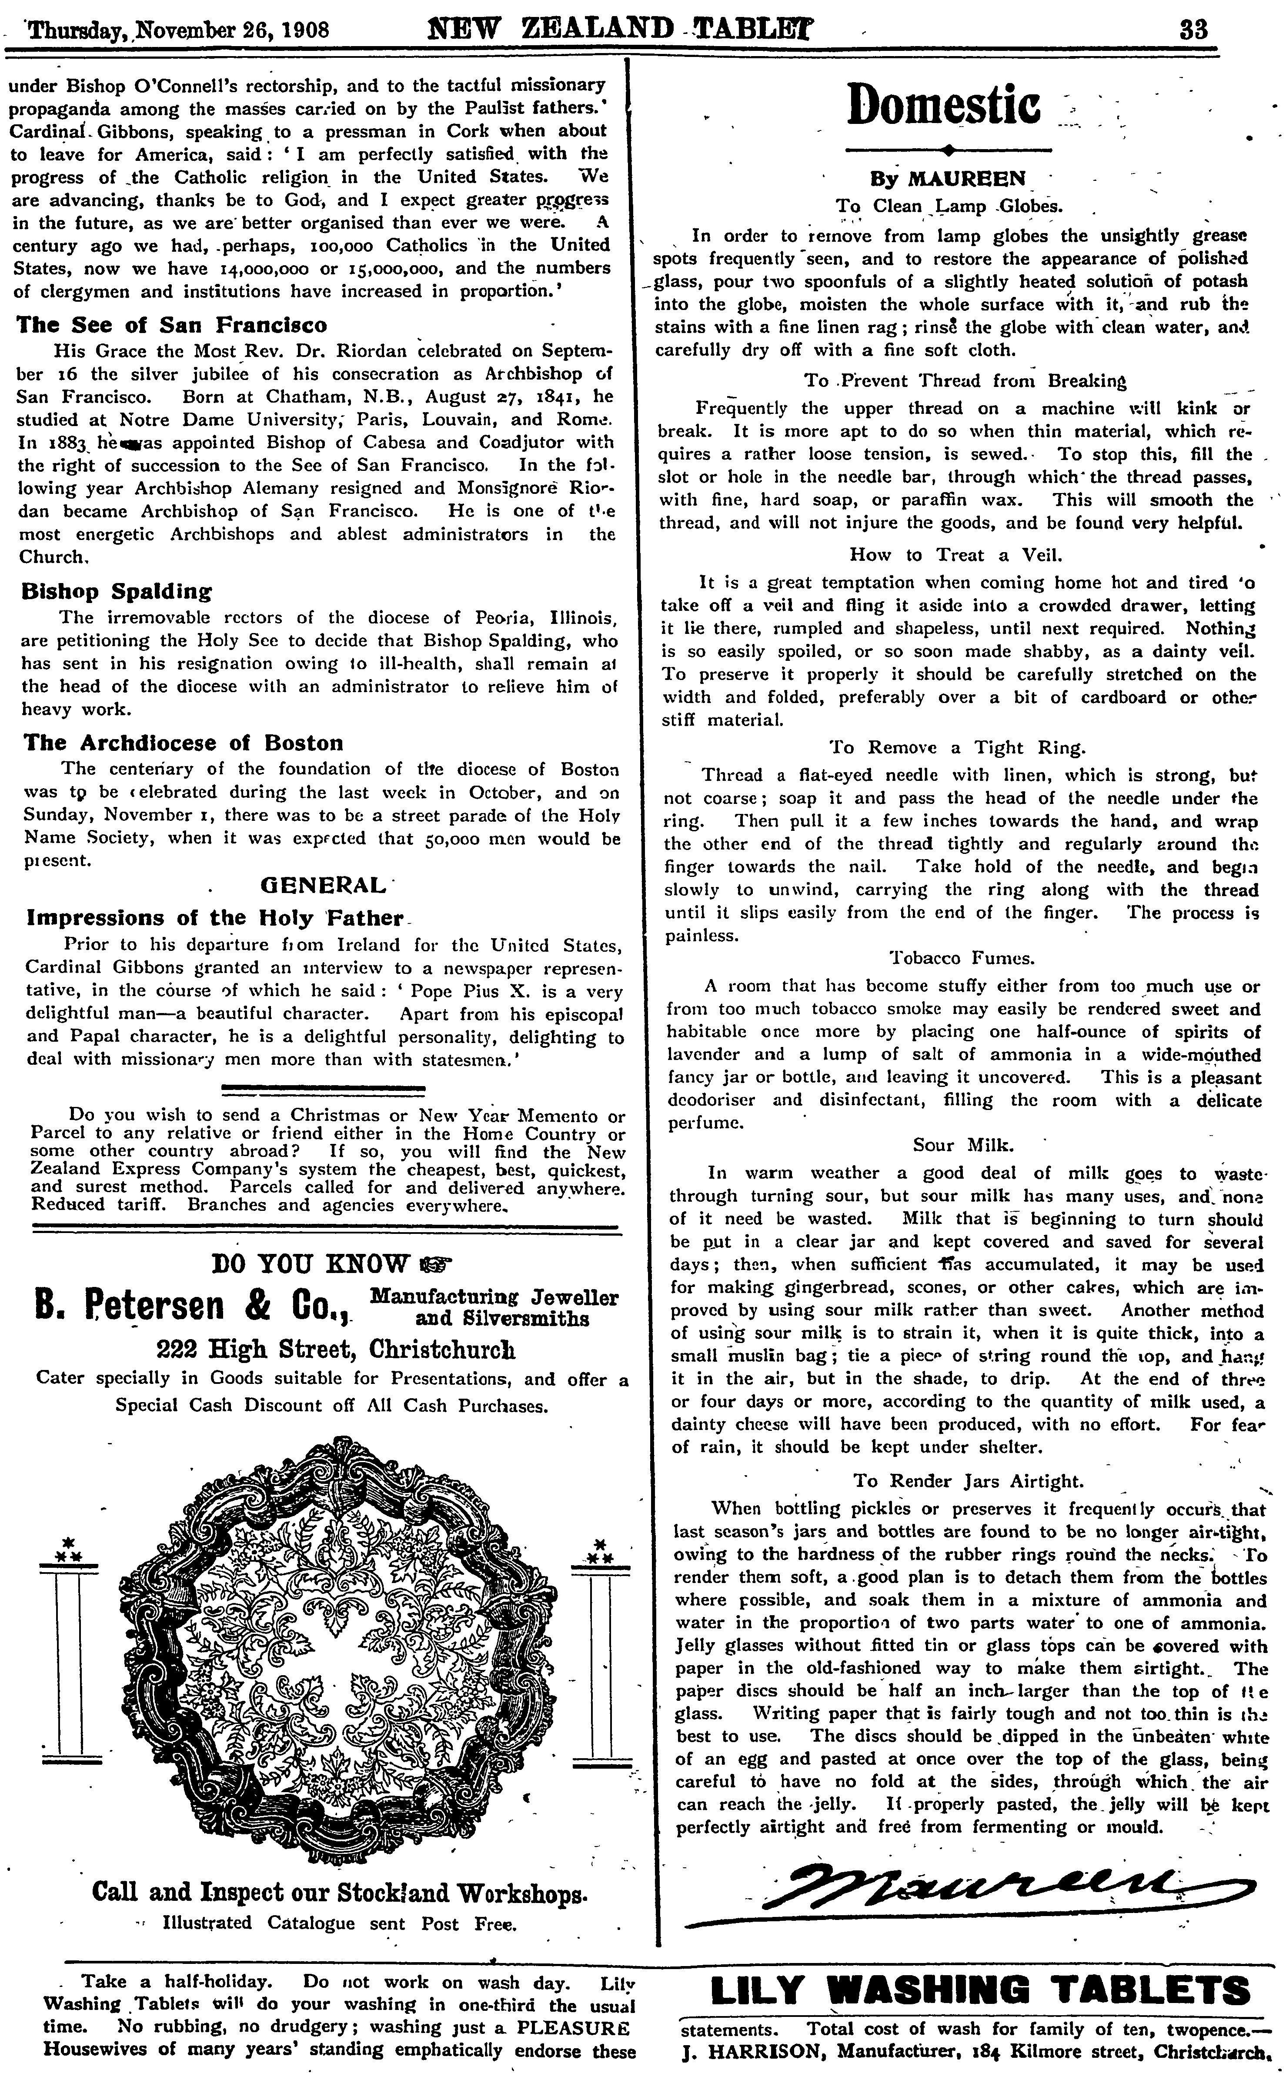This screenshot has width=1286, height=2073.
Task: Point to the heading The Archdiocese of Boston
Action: [183, 742]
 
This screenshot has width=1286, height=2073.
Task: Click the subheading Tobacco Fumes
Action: [961, 958]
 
